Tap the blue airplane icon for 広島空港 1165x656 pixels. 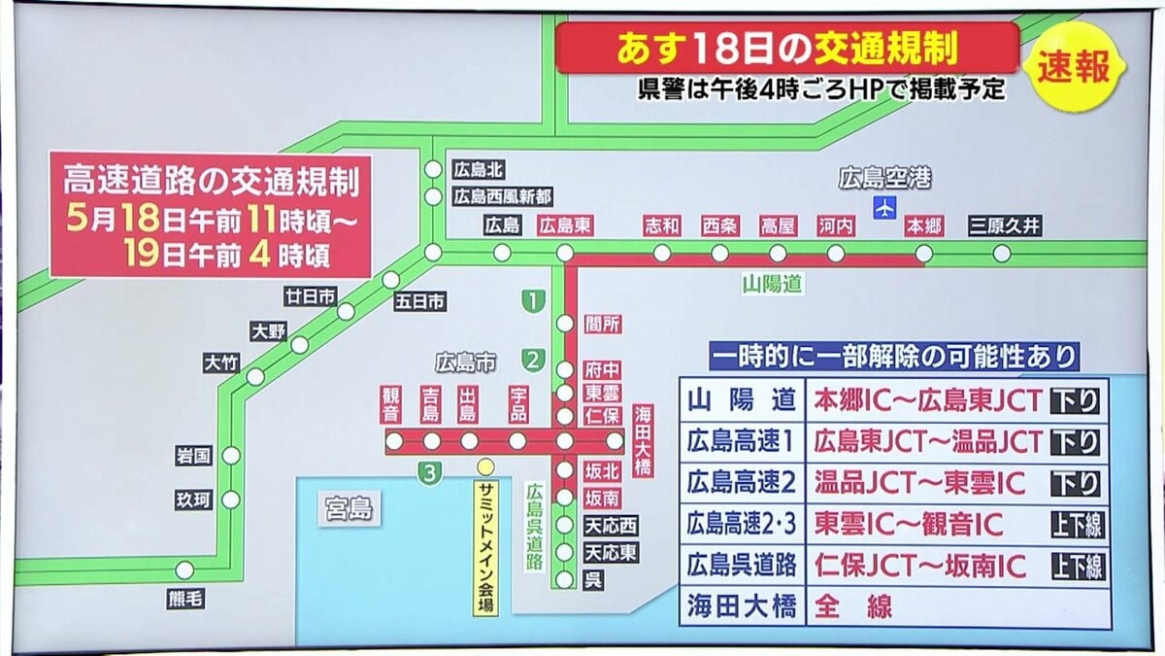pos(883,208)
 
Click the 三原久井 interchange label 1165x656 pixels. pos(1005,226)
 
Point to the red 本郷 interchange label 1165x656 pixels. pos(923,226)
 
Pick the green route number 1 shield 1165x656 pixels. pos(532,301)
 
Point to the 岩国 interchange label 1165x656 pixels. pos(193,455)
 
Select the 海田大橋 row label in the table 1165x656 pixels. pos(742,607)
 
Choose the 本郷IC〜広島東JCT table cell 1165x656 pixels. pos(927,399)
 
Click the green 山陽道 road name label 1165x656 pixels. pos(772,284)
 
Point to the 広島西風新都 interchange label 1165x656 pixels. pos(502,196)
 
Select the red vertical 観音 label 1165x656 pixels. pos(391,405)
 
